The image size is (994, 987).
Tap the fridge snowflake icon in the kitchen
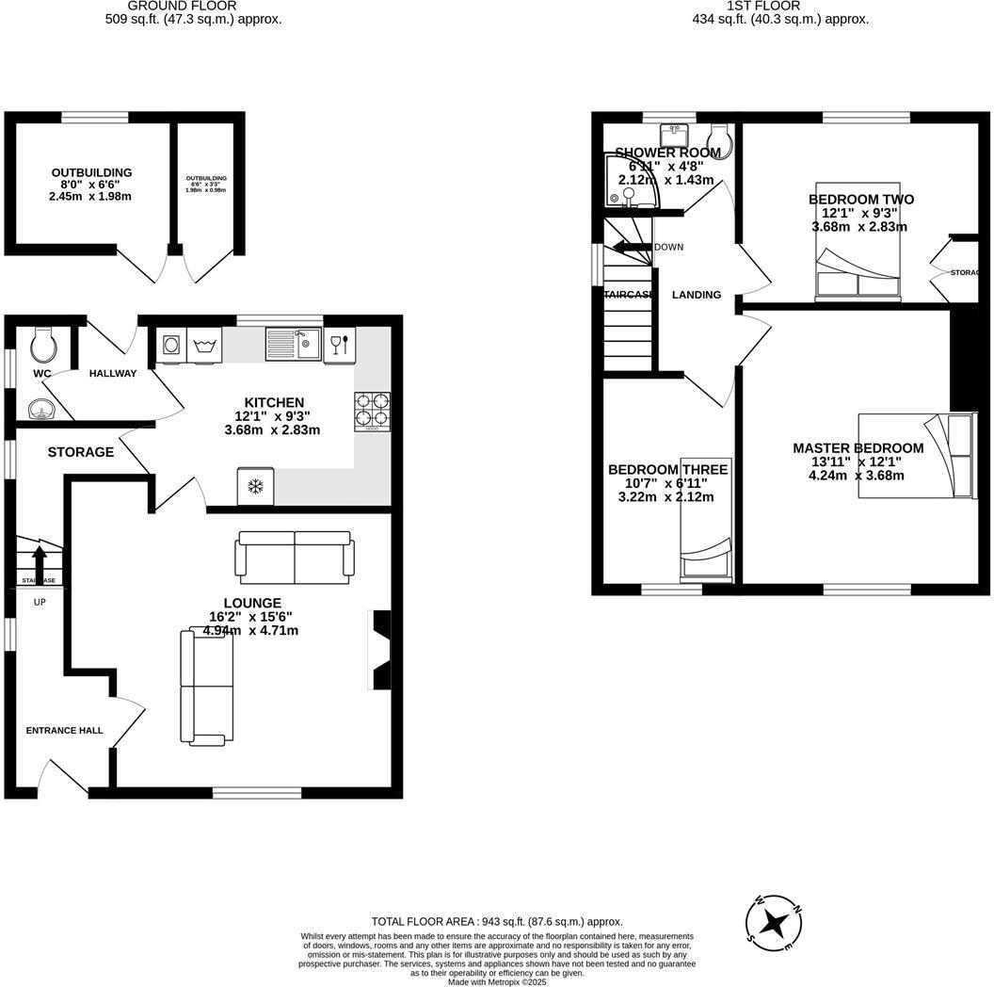(255, 486)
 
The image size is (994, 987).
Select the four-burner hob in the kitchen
(372, 411)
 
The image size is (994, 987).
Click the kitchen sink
(294, 345)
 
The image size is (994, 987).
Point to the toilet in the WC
(43, 346)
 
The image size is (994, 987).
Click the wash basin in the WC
(40, 408)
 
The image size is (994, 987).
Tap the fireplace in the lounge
(380, 651)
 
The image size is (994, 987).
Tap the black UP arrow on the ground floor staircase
(40, 558)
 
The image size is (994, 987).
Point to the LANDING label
(696, 295)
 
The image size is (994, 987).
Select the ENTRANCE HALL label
(64, 730)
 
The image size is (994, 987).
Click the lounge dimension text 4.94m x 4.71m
(250, 631)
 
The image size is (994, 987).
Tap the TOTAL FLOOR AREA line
(497, 921)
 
